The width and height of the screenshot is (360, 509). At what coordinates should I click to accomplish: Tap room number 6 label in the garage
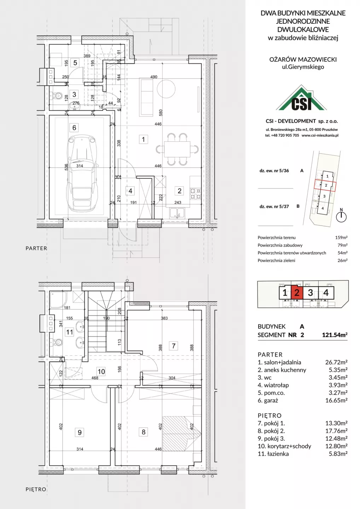[x=74, y=128]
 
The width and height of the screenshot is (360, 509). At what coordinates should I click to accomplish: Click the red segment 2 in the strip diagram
[x=297, y=293]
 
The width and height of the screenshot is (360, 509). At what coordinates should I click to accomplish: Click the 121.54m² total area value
[x=335, y=335]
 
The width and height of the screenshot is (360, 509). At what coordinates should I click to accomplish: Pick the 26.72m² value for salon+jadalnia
[x=336, y=362]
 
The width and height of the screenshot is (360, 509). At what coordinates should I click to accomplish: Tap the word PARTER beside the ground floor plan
[x=36, y=248]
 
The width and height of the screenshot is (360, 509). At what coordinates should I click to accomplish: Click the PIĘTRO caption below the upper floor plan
[x=36, y=489]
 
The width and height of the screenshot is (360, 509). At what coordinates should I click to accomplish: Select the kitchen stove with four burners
[x=195, y=194]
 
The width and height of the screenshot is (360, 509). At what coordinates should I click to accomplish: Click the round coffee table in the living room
[x=166, y=89]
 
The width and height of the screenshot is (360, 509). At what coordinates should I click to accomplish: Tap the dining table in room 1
[x=177, y=149]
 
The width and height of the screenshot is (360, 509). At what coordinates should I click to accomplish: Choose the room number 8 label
[x=144, y=432]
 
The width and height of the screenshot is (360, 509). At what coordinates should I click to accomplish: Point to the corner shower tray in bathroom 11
[x=58, y=300]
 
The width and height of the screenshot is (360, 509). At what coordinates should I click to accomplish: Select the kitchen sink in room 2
[x=177, y=213]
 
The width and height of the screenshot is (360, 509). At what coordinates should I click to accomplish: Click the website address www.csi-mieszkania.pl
[x=320, y=135]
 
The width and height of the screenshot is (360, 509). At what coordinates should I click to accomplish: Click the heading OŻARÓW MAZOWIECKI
[x=303, y=59]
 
